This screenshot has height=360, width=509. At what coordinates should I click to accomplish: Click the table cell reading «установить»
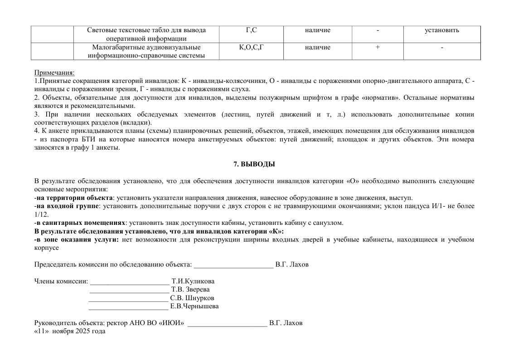click(441, 30)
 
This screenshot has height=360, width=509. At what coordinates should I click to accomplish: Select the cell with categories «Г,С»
click(251, 30)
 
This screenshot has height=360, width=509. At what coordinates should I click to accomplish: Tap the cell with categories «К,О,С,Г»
click(251, 47)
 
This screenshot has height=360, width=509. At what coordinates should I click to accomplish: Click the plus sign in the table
click(377, 47)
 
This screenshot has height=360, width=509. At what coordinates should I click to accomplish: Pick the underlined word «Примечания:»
click(54, 73)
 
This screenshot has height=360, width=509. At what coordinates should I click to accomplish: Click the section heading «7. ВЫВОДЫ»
click(254, 164)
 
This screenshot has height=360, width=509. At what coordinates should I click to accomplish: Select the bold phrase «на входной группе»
click(68, 206)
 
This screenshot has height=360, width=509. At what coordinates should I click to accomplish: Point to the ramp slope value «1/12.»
click(41, 214)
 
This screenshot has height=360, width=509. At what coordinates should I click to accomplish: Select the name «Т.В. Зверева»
click(190, 289)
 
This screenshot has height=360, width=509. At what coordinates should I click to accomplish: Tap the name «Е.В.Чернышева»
click(194, 306)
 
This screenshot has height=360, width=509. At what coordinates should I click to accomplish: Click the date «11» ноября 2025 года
click(70, 331)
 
